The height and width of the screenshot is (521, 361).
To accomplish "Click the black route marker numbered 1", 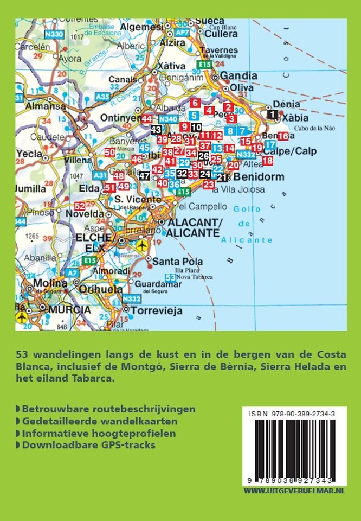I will pos(273,113).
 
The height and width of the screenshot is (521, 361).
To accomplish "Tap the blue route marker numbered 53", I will pos(171,278).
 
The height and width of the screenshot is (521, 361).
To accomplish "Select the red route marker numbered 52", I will pos(80,206).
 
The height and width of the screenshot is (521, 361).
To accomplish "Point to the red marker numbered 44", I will pos(147,119).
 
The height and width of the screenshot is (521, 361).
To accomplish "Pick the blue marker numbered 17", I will pos(270,145).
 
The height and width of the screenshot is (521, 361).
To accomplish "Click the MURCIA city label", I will pos(69,309).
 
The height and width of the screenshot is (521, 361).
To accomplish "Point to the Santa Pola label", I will pos(177,262).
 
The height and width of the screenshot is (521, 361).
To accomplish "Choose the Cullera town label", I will pos(221,34).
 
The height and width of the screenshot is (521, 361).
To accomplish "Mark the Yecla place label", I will pos(29,154).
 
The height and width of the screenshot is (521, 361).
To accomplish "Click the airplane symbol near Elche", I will pos(143,246).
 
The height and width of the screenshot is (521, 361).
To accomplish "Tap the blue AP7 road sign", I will pos(182,33).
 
